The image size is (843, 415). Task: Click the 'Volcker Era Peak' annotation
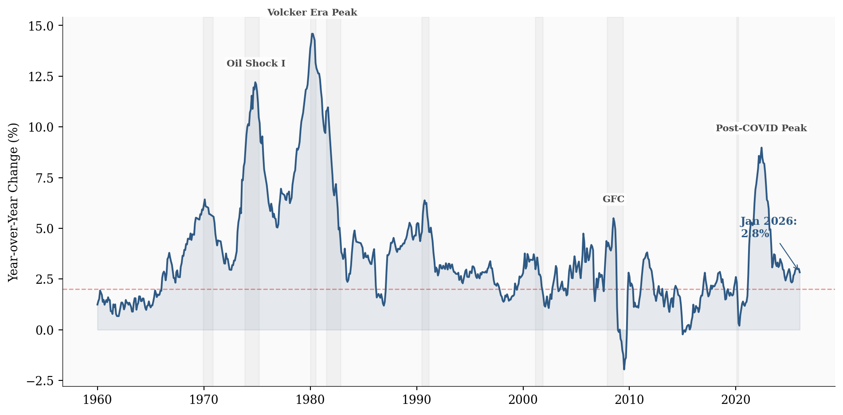coord(312,12)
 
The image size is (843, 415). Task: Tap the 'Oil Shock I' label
coord(256,63)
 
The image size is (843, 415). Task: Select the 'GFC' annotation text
coord(613,199)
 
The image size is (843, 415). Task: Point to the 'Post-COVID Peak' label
coord(761,128)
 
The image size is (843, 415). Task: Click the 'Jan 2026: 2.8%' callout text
coord(768,227)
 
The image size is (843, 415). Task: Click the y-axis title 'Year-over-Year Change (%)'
coord(14,202)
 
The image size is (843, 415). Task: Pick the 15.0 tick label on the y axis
coord(41,26)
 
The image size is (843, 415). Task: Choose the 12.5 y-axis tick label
coord(41,77)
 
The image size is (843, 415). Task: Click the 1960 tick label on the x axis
coord(98,400)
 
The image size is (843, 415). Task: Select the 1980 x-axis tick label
coord(310,400)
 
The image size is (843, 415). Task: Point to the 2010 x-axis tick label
coord(629,400)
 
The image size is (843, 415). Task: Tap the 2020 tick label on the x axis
coord(736,400)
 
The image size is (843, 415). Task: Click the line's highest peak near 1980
coord(312,34)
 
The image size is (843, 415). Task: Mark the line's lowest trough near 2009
coord(624,369)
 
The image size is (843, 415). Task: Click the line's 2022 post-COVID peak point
coord(761,148)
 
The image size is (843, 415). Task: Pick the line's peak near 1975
coord(255,82)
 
